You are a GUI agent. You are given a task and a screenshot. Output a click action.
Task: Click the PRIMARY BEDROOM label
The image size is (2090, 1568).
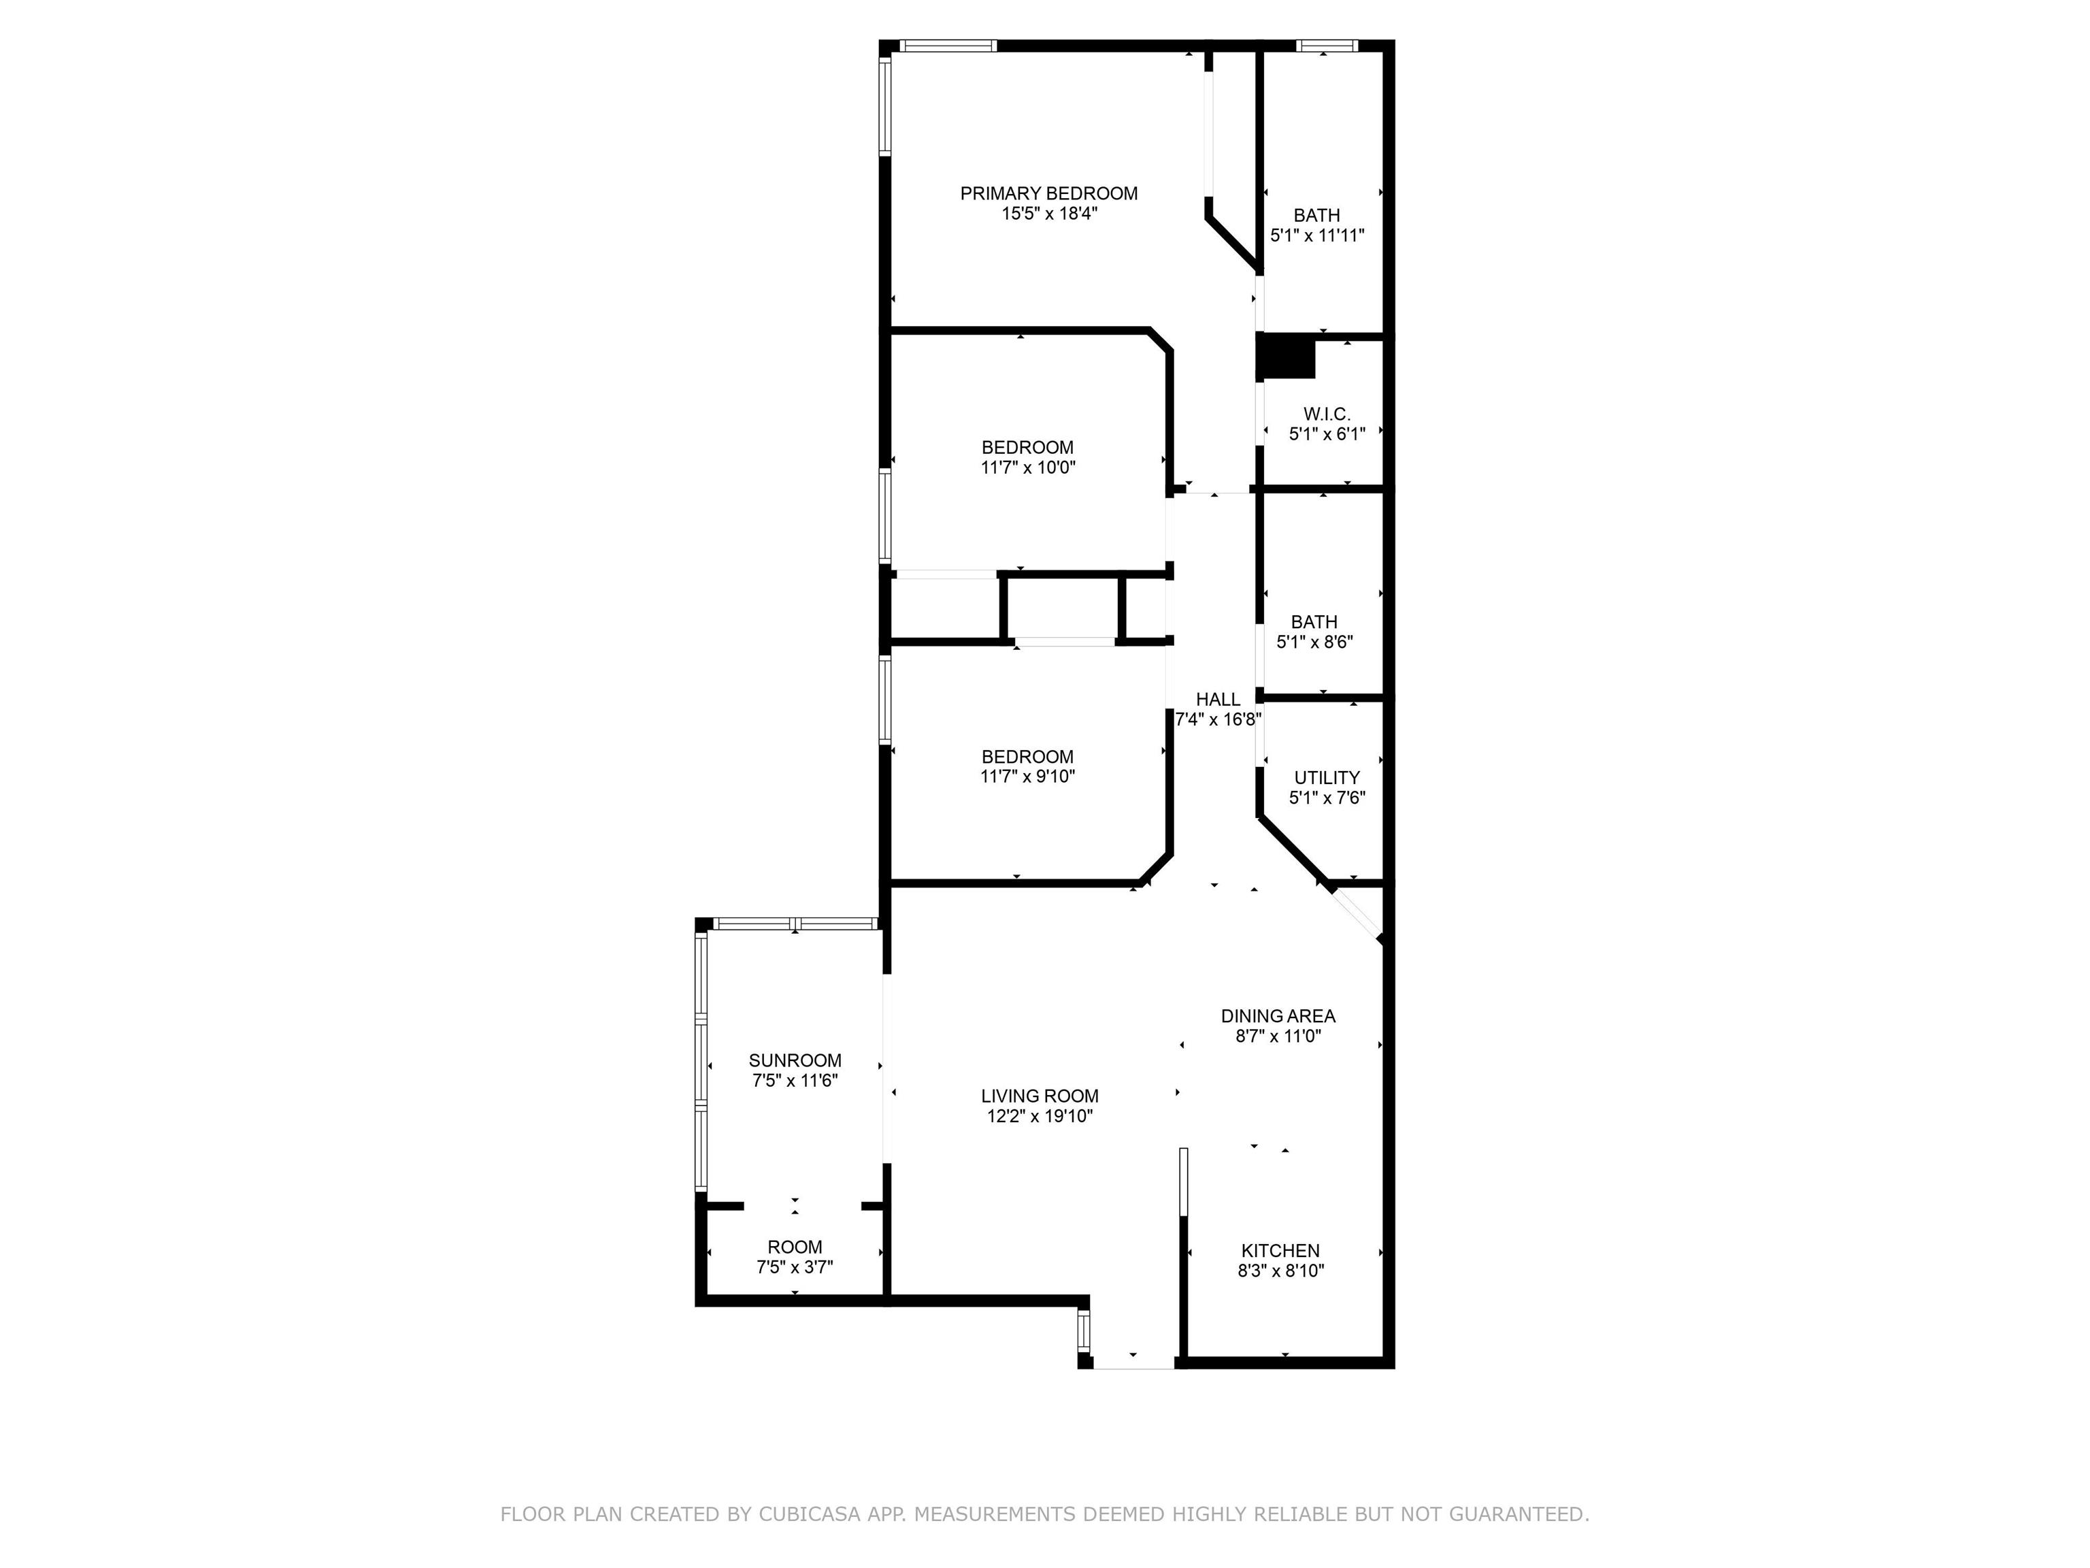pos(1049,194)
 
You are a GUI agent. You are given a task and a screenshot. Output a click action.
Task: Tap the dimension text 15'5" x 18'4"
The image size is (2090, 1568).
pos(1050,214)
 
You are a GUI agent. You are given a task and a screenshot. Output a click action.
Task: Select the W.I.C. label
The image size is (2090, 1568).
pos(1327,414)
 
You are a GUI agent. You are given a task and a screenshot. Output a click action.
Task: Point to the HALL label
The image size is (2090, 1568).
pos(1218,700)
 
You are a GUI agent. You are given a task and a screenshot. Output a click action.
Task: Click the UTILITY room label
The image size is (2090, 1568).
pos(1327,778)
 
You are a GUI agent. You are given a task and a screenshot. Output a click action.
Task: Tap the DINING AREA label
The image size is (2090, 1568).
pos(1278,1016)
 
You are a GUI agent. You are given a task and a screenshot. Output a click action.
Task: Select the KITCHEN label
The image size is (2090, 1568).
pos(1280,1250)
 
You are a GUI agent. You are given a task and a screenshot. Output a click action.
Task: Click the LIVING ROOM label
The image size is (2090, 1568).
pos(1040,1096)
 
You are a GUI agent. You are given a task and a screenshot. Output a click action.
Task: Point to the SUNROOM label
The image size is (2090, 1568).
pos(795,1060)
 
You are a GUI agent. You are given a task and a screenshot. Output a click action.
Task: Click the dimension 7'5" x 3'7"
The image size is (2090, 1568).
pos(795,1267)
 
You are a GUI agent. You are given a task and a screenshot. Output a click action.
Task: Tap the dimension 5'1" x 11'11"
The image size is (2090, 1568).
pos(1317,235)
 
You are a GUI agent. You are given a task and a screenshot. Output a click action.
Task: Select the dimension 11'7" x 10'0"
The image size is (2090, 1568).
pos(1028,467)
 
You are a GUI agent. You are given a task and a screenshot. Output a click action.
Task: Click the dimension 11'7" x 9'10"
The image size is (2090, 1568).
pos(1028,777)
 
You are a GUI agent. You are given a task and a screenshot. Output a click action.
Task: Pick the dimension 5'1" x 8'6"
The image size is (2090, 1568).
pos(1314,642)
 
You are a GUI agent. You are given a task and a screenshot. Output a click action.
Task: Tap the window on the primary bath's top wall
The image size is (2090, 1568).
pos(1327,44)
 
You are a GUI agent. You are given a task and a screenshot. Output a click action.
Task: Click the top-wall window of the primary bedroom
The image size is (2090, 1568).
pos(948,44)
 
